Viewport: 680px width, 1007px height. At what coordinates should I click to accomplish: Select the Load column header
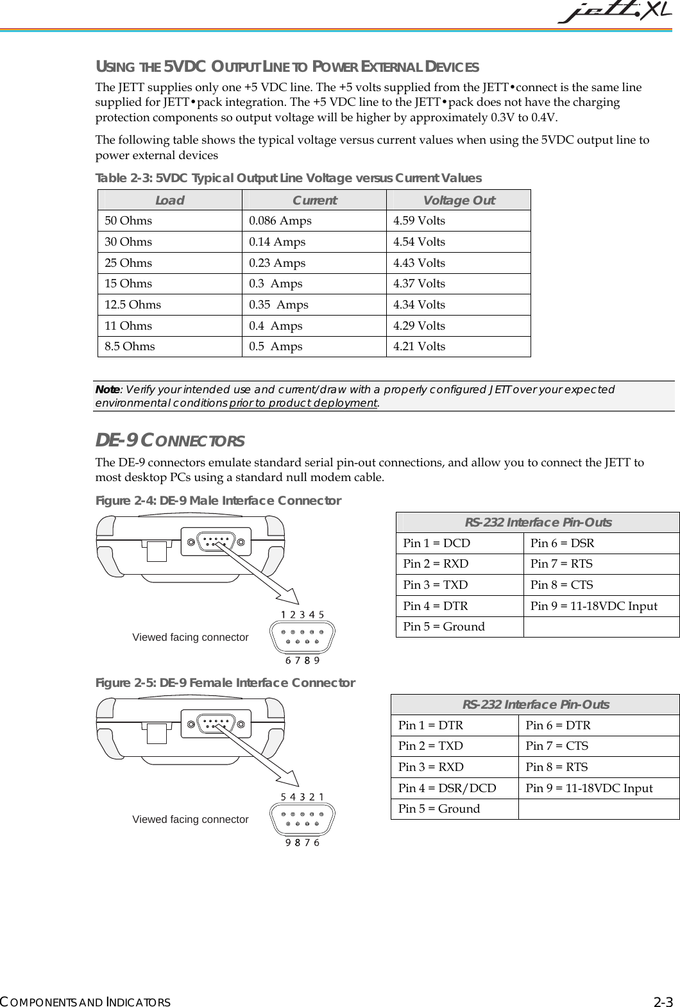[169, 200]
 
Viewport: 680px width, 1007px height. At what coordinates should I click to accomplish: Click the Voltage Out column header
[459, 200]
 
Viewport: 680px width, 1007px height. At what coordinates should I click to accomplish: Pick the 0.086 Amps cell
[280, 221]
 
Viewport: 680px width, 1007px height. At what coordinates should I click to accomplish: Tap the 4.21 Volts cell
[419, 346]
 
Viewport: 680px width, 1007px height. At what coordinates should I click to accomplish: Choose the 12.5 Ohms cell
[133, 305]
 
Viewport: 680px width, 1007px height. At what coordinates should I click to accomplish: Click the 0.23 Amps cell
[277, 263]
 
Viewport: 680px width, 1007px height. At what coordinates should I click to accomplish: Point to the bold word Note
[106, 390]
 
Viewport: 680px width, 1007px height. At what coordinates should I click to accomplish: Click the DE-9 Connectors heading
[169, 441]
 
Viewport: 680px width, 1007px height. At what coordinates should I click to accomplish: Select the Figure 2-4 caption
[218, 500]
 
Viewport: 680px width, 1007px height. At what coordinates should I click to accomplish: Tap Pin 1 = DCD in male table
[436, 543]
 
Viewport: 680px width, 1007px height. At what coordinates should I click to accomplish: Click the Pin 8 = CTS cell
[561, 585]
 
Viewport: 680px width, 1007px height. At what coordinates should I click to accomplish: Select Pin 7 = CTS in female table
[556, 746]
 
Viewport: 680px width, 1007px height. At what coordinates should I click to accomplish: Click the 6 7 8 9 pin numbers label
[303, 660]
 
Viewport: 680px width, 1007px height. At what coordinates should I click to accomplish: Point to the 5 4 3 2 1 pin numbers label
[302, 797]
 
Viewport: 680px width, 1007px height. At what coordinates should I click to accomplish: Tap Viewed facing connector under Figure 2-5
[190, 820]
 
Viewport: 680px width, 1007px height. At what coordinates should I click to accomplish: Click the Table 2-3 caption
[288, 178]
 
